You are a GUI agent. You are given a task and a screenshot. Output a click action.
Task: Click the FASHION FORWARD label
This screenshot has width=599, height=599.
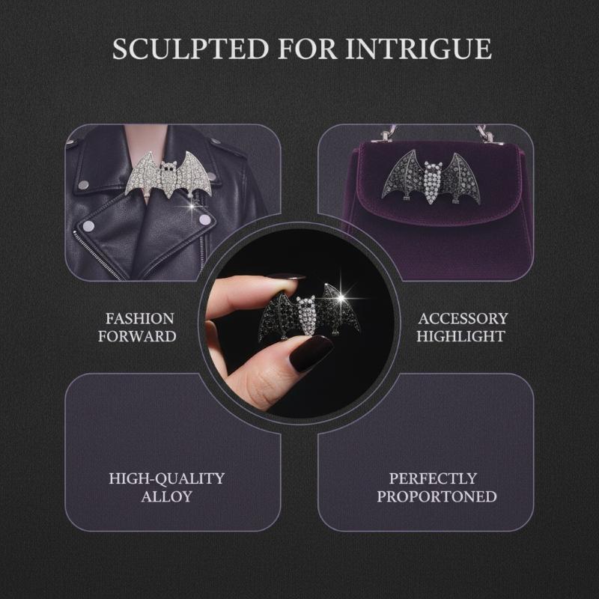(137, 327)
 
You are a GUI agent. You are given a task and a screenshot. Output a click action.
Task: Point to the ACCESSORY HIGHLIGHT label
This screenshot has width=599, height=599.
(462, 327)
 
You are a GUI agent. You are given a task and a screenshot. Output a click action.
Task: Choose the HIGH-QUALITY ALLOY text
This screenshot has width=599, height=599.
(166, 487)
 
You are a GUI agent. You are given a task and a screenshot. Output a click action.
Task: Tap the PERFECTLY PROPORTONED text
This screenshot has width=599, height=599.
(437, 487)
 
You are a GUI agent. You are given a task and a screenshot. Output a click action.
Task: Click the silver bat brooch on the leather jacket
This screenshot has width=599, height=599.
(169, 174)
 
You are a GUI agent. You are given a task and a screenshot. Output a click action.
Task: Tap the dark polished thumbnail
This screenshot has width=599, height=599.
(310, 353)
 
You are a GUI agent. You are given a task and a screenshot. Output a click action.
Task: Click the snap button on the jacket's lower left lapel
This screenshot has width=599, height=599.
(88, 226)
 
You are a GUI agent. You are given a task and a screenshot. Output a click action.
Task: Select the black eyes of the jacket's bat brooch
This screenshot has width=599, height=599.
(168, 165)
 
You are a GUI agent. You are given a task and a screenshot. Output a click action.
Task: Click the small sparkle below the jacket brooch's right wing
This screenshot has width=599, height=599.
(192, 207)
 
